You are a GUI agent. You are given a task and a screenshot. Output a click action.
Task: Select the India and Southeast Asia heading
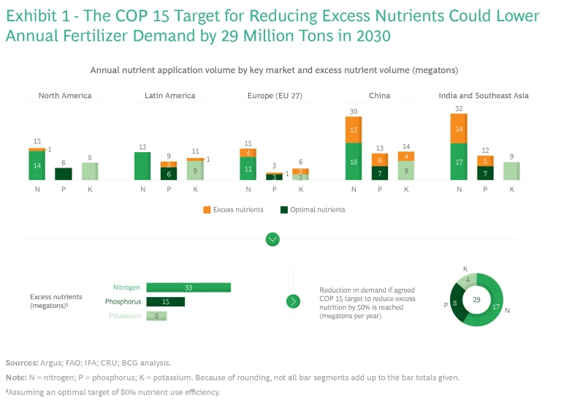click(x=484, y=96)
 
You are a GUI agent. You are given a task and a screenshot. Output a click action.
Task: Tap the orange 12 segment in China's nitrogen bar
click(x=354, y=129)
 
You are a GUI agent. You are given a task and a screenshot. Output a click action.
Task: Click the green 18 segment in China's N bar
click(x=354, y=162)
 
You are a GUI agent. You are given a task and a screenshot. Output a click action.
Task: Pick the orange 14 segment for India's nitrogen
click(x=458, y=128)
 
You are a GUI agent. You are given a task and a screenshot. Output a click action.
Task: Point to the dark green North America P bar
click(x=64, y=174)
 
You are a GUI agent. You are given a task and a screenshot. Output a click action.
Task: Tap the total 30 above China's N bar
click(x=354, y=111)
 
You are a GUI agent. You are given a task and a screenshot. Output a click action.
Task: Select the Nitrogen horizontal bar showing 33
click(x=188, y=287)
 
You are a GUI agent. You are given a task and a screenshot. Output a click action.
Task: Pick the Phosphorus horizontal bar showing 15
click(x=165, y=301)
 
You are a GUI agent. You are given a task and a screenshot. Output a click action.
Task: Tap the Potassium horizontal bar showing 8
click(x=156, y=316)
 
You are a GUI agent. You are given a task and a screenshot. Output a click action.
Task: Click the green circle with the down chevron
click(x=272, y=239)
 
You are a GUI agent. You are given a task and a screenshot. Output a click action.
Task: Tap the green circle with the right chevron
click(x=293, y=301)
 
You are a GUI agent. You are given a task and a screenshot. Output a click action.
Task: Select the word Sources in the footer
click(x=22, y=363)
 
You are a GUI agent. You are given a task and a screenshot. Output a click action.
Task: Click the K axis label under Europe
click(x=299, y=189)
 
